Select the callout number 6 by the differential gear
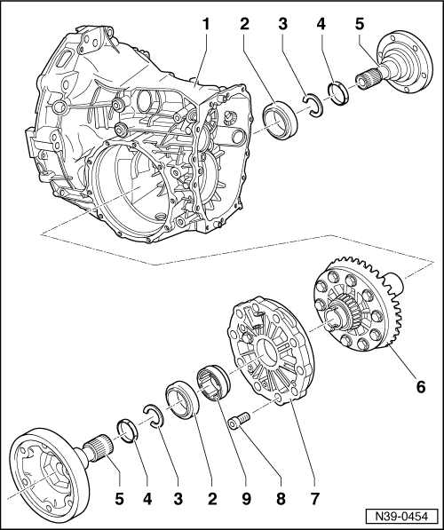click(421, 386)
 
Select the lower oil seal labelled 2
click(181, 401)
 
